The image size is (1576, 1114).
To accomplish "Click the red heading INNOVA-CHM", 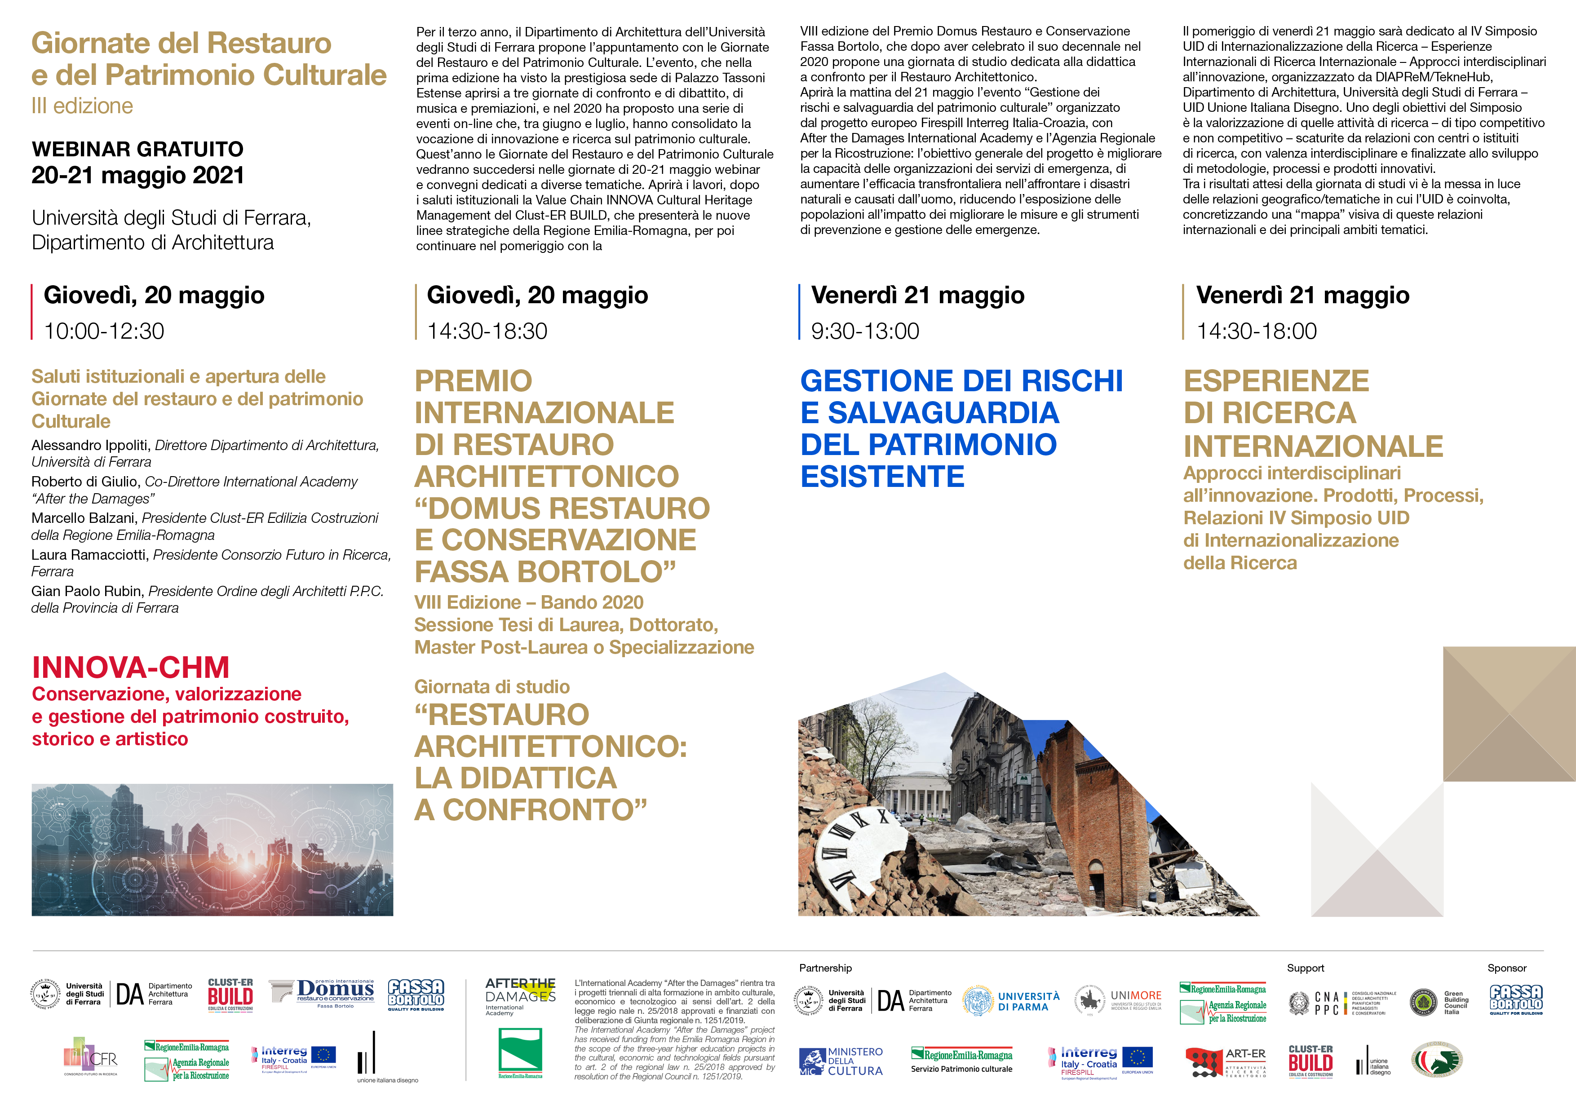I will (130, 667).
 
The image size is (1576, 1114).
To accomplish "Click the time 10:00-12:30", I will (104, 331).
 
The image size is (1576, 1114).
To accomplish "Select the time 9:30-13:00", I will (865, 331).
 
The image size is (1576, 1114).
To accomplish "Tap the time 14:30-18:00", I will (1256, 331).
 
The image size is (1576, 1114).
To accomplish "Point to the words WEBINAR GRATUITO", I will (137, 149).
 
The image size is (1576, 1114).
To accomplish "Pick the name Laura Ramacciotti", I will (90, 555).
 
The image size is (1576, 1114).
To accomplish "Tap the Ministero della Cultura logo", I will (841, 1061).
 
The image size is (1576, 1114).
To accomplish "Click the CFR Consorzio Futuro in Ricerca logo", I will (91, 1057).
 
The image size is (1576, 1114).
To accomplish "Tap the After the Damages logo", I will (520, 995).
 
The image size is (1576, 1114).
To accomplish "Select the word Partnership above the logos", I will (825, 968).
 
